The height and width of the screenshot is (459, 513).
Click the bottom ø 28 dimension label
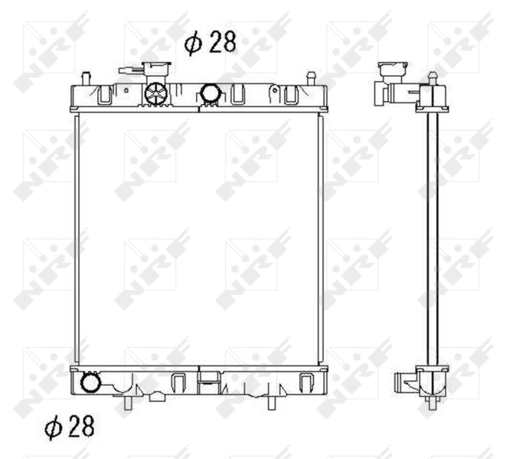click(70, 427)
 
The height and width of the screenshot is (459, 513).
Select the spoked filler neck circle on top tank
click(155, 94)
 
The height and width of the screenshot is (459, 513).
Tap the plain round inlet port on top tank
click(210, 94)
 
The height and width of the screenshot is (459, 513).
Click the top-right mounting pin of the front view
click(311, 77)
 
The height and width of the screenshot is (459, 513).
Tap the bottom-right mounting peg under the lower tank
click(271, 402)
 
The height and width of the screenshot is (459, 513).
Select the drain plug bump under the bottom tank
click(156, 396)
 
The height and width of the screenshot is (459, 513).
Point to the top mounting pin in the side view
click(433, 78)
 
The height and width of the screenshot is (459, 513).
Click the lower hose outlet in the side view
click(404, 380)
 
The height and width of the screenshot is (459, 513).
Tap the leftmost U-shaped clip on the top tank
click(103, 96)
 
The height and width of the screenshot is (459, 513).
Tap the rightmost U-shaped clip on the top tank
click(291, 96)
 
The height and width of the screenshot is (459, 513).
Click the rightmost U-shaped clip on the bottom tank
click(306, 381)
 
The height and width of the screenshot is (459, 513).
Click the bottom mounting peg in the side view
click(433, 403)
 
